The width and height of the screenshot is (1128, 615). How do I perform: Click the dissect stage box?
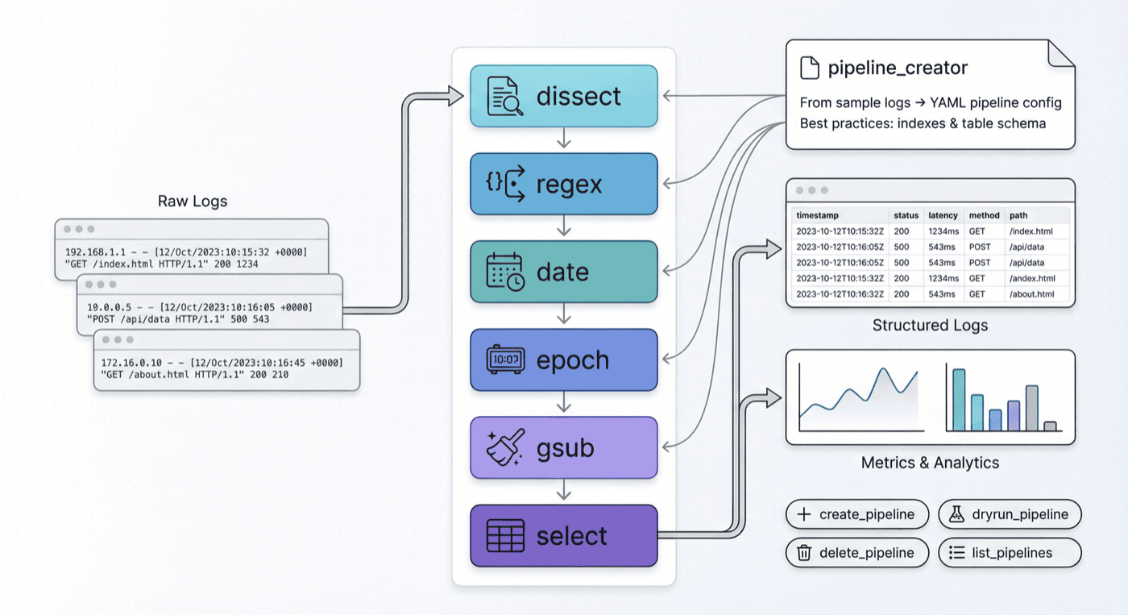point(564,96)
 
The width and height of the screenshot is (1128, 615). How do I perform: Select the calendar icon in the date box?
point(505,272)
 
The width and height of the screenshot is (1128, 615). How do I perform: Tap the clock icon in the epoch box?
point(505,359)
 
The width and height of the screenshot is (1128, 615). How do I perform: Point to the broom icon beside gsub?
point(505,447)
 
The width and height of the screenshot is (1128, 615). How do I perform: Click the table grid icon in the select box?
point(505,535)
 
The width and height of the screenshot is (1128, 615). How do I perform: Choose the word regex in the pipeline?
point(569,185)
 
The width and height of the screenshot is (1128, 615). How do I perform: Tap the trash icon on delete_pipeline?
point(803,553)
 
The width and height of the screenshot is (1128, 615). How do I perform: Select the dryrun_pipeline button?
point(1010,514)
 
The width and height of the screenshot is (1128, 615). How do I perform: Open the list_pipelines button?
point(1010,553)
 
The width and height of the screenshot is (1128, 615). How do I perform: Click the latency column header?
point(943,215)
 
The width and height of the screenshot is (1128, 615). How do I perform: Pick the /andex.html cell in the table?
point(1031,278)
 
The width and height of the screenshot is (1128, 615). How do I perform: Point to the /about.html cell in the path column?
point(1031,294)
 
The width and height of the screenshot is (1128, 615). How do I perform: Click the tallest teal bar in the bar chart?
point(959,400)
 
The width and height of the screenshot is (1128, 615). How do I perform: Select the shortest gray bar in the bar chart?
point(1050,426)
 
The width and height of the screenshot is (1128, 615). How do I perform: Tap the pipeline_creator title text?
point(898,69)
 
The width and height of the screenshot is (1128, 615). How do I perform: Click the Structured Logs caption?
point(930,326)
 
